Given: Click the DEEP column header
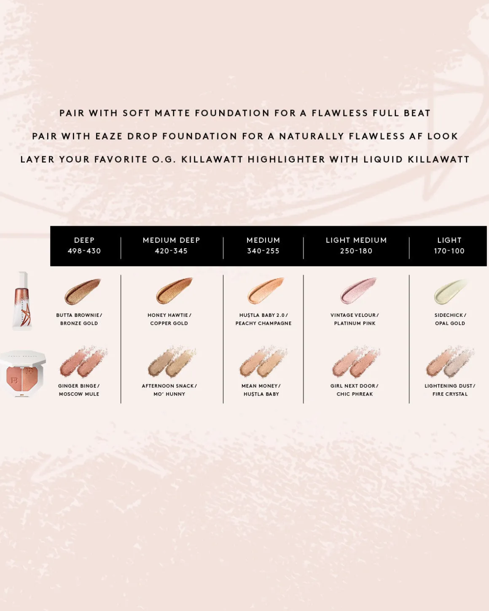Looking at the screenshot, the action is pyautogui.click(x=84, y=240).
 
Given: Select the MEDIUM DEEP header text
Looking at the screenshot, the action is pyautogui.click(x=171, y=240).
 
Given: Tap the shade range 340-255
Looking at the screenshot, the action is pyautogui.click(x=263, y=251).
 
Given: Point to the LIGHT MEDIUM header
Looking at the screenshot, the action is pyautogui.click(x=356, y=240).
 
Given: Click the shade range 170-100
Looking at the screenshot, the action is pyautogui.click(x=449, y=251).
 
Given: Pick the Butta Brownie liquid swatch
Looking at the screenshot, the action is pyautogui.click(x=82, y=291).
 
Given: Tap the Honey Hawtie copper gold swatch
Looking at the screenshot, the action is pyautogui.click(x=174, y=291).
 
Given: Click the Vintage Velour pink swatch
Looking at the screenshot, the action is pyautogui.click(x=358, y=291).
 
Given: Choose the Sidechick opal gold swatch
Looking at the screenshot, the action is pyautogui.click(x=450, y=292).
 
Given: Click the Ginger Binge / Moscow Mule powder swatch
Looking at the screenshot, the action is pyautogui.click(x=83, y=362).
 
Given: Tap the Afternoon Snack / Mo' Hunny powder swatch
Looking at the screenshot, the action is pyautogui.click(x=172, y=362).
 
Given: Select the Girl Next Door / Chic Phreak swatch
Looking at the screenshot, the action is pyautogui.click(x=356, y=362).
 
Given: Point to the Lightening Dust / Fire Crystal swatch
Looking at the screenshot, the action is pyautogui.click(x=450, y=362).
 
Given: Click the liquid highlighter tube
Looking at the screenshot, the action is pyautogui.click(x=22, y=301).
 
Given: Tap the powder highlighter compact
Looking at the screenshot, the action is pyautogui.click(x=23, y=374).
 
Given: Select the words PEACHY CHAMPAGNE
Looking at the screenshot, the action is pyautogui.click(x=263, y=323).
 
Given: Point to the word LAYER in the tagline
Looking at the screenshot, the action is pyautogui.click(x=37, y=159).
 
